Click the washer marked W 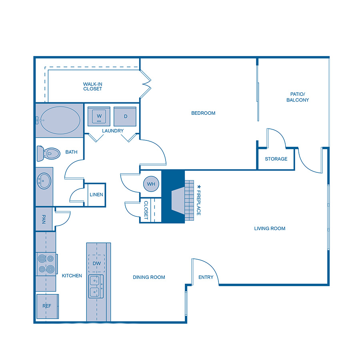(x=99, y=116)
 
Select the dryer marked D (x=125, y=116)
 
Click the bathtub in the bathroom (x=59, y=120)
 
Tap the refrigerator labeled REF (x=48, y=306)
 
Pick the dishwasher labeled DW (x=96, y=264)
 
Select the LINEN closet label (x=96, y=195)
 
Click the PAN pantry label (x=44, y=219)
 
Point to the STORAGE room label (x=276, y=159)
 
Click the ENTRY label (x=206, y=277)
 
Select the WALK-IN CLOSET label (x=92, y=86)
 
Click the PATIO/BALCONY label (x=298, y=97)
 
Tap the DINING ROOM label (x=149, y=277)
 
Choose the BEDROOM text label (x=203, y=113)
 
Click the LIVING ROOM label (x=270, y=228)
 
